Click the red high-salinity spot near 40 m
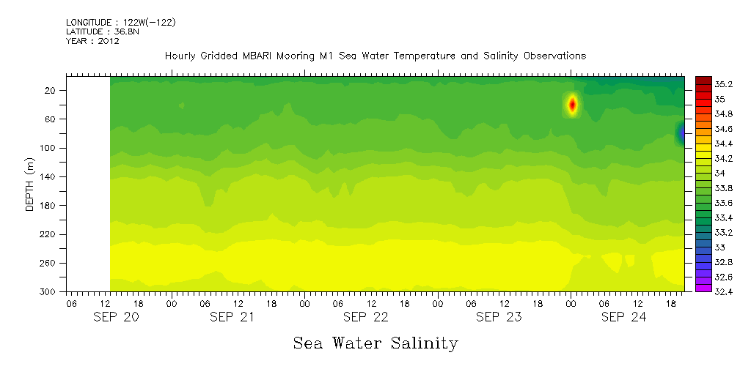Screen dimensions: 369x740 [572, 105]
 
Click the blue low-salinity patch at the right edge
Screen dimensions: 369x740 [681, 133]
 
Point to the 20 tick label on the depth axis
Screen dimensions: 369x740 [51, 90]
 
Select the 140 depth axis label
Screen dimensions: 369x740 [48, 176]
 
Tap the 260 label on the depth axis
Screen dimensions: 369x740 [48, 263]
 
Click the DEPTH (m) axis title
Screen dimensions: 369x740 [30, 183]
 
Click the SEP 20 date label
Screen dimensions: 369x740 [116, 317]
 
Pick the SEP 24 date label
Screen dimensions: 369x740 [623, 317]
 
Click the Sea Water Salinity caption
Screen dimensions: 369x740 [376, 343]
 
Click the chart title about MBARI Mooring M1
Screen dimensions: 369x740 [376, 56]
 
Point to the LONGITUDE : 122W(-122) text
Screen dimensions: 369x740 [120, 23]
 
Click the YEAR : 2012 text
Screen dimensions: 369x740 [92, 41]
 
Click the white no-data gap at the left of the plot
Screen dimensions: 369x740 [88, 183]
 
